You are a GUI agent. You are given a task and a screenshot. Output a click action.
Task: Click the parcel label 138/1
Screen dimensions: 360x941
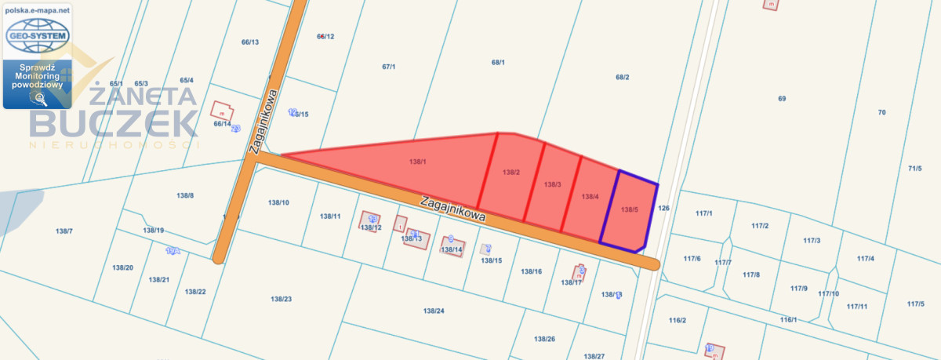point(417,162)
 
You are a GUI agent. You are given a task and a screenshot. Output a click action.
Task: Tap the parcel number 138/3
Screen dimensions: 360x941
point(552,184)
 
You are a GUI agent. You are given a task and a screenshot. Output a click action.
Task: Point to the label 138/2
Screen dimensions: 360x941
point(511,172)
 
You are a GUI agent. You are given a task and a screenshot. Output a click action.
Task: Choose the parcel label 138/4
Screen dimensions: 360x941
point(590,197)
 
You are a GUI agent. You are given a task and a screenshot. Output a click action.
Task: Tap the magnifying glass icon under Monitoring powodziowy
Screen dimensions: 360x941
point(37,98)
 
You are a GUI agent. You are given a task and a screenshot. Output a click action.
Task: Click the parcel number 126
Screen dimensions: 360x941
point(663,208)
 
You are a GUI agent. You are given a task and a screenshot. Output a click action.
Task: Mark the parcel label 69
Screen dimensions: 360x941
point(782,98)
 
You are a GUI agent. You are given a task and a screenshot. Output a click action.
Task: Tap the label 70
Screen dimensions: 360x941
point(881,112)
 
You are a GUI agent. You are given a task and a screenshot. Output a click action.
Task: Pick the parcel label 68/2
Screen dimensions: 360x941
point(623,77)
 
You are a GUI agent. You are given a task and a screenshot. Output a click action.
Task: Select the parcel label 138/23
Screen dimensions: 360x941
point(281,299)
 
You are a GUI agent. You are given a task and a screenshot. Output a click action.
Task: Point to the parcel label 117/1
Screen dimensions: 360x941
point(703,213)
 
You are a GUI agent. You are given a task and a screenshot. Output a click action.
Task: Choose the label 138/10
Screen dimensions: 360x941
point(278,202)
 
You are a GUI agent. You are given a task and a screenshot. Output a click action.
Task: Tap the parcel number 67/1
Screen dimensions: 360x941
point(389,67)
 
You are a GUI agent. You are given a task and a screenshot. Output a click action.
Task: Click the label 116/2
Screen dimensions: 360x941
point(678,320)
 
